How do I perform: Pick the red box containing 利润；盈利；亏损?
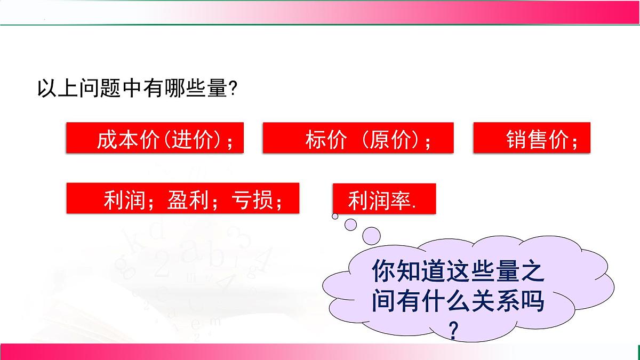click(182, 198)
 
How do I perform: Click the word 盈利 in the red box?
click(193, 202)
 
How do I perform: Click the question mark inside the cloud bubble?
click(453, 331)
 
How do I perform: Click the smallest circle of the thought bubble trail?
click(335, 216)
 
